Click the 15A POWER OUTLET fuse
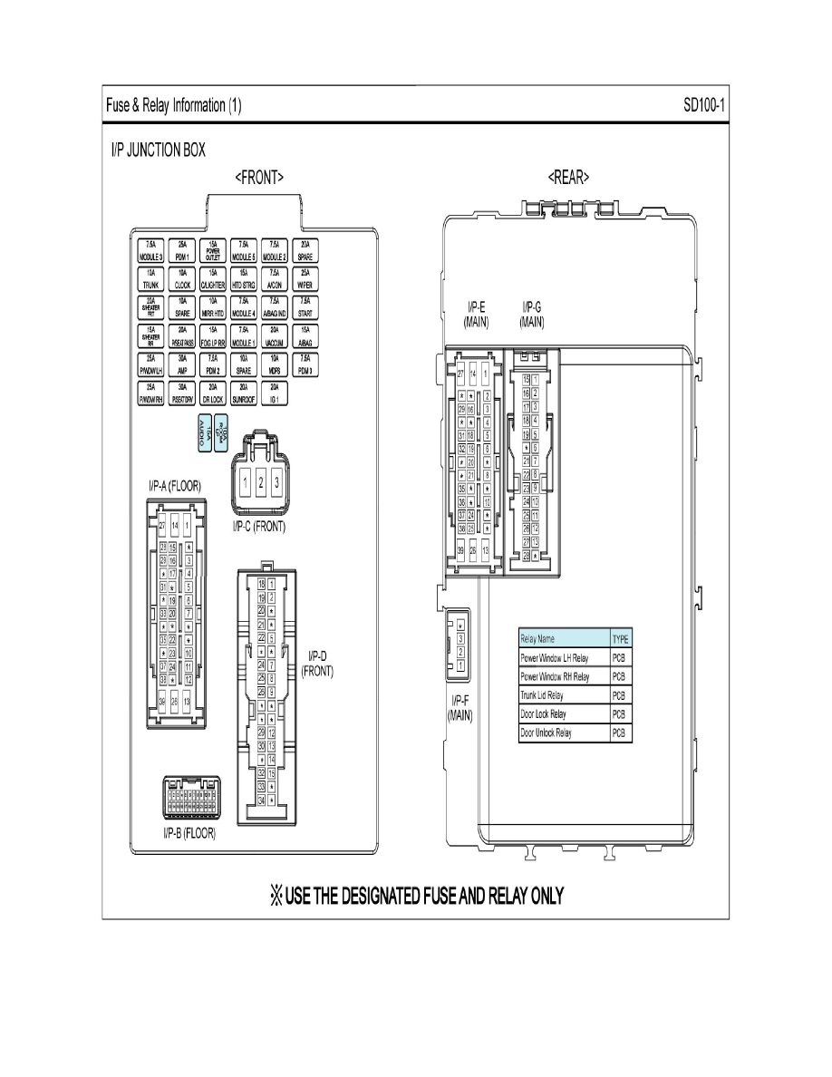(x=213, y=249)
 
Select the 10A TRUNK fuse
(x=151, y=278)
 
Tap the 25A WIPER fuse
(x=305, y=278)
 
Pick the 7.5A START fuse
(x=305, y=307)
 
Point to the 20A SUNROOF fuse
(x=244, y=393)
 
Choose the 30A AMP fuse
(x=182, y=364)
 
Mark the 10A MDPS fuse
(x=275, y=364)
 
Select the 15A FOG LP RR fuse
(x=213, y=335)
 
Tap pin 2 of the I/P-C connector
(x=261, y=480)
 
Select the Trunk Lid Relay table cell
(x=563, y=695)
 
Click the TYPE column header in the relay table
(x=621, y=638)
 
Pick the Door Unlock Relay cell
(x=563, y=733)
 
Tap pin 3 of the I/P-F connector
(x=461, y=638)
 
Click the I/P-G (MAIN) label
(x=532, y=314)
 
